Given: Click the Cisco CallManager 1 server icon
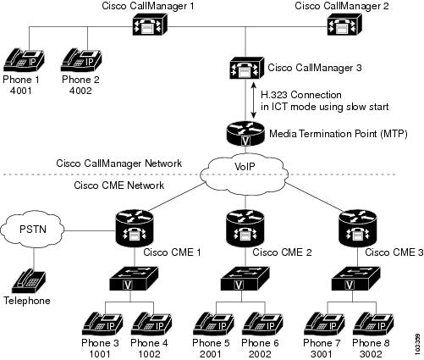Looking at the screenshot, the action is pyautogui.click(x=150, y=25).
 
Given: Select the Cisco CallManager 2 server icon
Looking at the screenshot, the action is pyautogui.click(x=344, y=25).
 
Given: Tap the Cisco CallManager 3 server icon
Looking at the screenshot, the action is pyautogui.click(x=247, y=68).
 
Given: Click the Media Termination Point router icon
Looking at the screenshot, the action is pyautogui.click(x=246, y=134).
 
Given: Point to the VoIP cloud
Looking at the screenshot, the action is pyautogui.click(x=245, y=174).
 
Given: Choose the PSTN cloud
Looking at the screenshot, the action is pyautogui.click(x=33, y=230).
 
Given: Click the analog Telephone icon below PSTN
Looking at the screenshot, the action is pyautogui.click(x=29, y=281).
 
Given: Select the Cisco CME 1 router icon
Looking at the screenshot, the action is pyautogui.click(x=135, y=229).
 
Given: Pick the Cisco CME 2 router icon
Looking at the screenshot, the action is pyautogui.click(x=245, y=229).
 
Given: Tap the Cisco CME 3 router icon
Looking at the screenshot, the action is pyautogui.click(x=358, y=229).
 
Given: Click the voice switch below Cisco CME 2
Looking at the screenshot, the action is pyautogui.click(x=245, y=279).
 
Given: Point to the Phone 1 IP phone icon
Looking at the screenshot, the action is pyautogui.click(x=24, y=60).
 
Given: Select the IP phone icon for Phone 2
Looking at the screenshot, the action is pyautogui.click(x=81, y=60).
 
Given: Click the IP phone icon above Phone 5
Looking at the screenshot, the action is pyautogui.click(x=213, y=324).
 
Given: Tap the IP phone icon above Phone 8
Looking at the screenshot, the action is pyautogui.click(x=373, y=324).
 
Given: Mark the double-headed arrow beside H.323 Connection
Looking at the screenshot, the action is pyautogui.click(x=254, y=100).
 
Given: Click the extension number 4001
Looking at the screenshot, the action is pyautogui.click(x=21, y=91).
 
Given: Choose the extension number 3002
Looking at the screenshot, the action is pyautogui.click(x=371, y=354).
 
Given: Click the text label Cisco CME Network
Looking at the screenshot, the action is pyautogui.click(x=118, y=186).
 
